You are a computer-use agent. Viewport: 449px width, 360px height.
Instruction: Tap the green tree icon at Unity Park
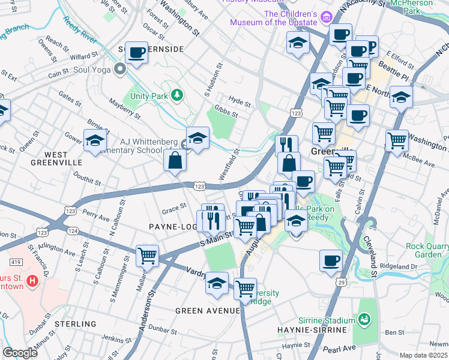tap(176, 95)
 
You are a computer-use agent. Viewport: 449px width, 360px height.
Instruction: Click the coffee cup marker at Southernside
tap(137, 53)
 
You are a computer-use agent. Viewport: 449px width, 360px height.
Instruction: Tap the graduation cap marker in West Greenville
tap(95, 141)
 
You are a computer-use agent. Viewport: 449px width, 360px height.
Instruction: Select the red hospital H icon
tap(32, 280)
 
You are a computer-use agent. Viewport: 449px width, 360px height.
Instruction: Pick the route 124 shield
tap(73, 231)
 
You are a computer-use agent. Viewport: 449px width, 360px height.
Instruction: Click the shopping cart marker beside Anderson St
tap(147, 256)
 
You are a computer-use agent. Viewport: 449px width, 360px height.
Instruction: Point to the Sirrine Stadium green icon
tap(363, 321)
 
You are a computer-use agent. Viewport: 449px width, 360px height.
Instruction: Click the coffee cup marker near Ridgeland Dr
tap(331, 262)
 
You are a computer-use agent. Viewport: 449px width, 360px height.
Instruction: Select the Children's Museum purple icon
tap(327, 18)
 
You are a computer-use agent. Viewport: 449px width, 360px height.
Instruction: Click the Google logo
tap(20, 353)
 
